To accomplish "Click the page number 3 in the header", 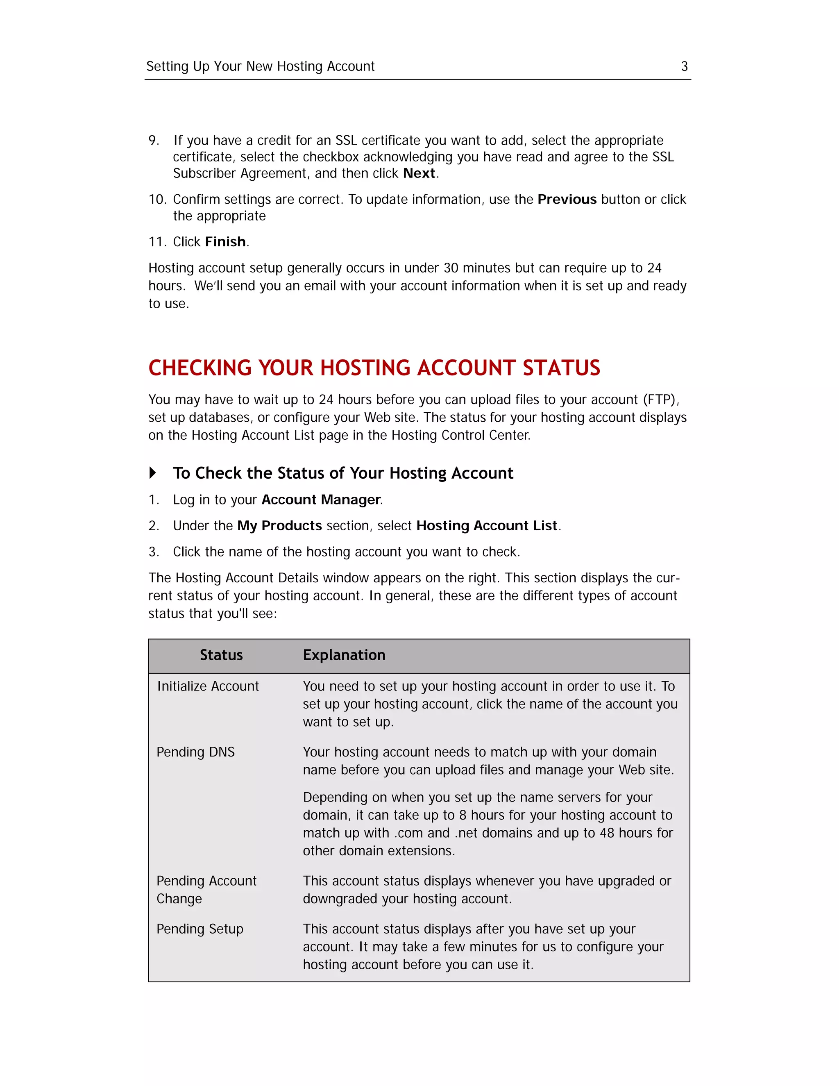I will coord(684,66).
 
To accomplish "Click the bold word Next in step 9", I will coord(419,173).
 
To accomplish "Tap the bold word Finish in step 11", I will coord(226,242).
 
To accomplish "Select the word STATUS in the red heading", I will coord(561,368).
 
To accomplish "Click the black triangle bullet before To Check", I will coord(152,473).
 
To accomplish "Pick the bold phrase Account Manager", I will coord(321,499).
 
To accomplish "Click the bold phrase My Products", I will coord(279,526).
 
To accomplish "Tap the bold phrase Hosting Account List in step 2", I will coord(487,526).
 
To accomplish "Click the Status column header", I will coord(221,655).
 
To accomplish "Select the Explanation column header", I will coord(344,655).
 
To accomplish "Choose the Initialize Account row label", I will coord(208,686).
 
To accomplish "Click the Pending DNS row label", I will coord(195,752).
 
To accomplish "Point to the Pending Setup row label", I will coord(200,929).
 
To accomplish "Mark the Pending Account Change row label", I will coord(206,890).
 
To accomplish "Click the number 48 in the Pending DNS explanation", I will coord(607,833).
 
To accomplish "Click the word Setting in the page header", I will coord(167,66).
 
